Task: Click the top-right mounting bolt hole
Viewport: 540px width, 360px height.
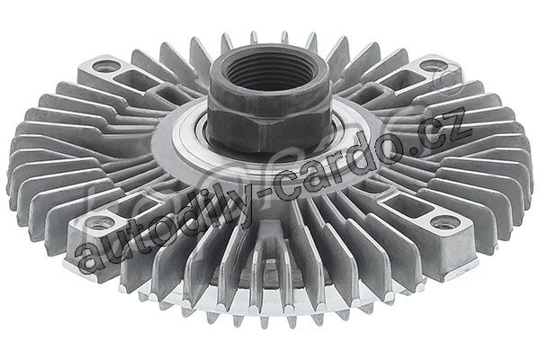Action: point(434,66)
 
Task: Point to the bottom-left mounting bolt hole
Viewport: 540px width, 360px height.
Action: point(99,223)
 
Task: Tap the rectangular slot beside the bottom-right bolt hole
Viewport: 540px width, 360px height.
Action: point(408,206)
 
